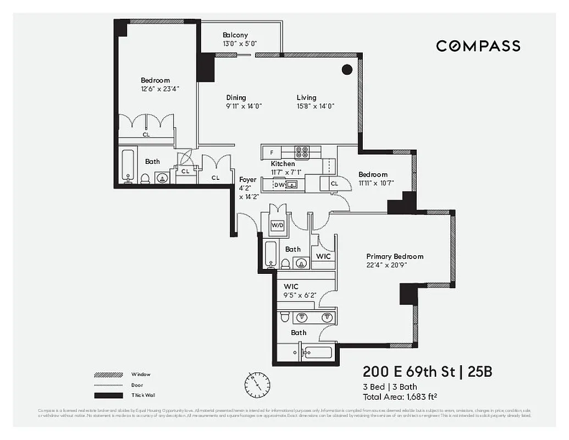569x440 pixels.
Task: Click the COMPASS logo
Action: point(478,46)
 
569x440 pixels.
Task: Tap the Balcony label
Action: point(235,35)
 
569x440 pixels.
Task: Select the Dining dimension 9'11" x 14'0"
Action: point(244,106)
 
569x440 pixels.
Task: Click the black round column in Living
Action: point(347,69)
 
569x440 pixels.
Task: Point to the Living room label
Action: point(306,98)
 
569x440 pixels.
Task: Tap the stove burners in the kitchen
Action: point(301,152)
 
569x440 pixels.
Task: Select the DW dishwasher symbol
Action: point(279,185)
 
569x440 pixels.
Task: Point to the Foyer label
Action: point(247,180)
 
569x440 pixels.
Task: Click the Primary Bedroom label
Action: point(395,256)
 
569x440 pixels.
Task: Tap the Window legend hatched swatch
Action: point(108,375)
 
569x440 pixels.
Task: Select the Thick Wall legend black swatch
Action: point(108,395)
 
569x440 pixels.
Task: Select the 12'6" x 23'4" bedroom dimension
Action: point(160,89)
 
